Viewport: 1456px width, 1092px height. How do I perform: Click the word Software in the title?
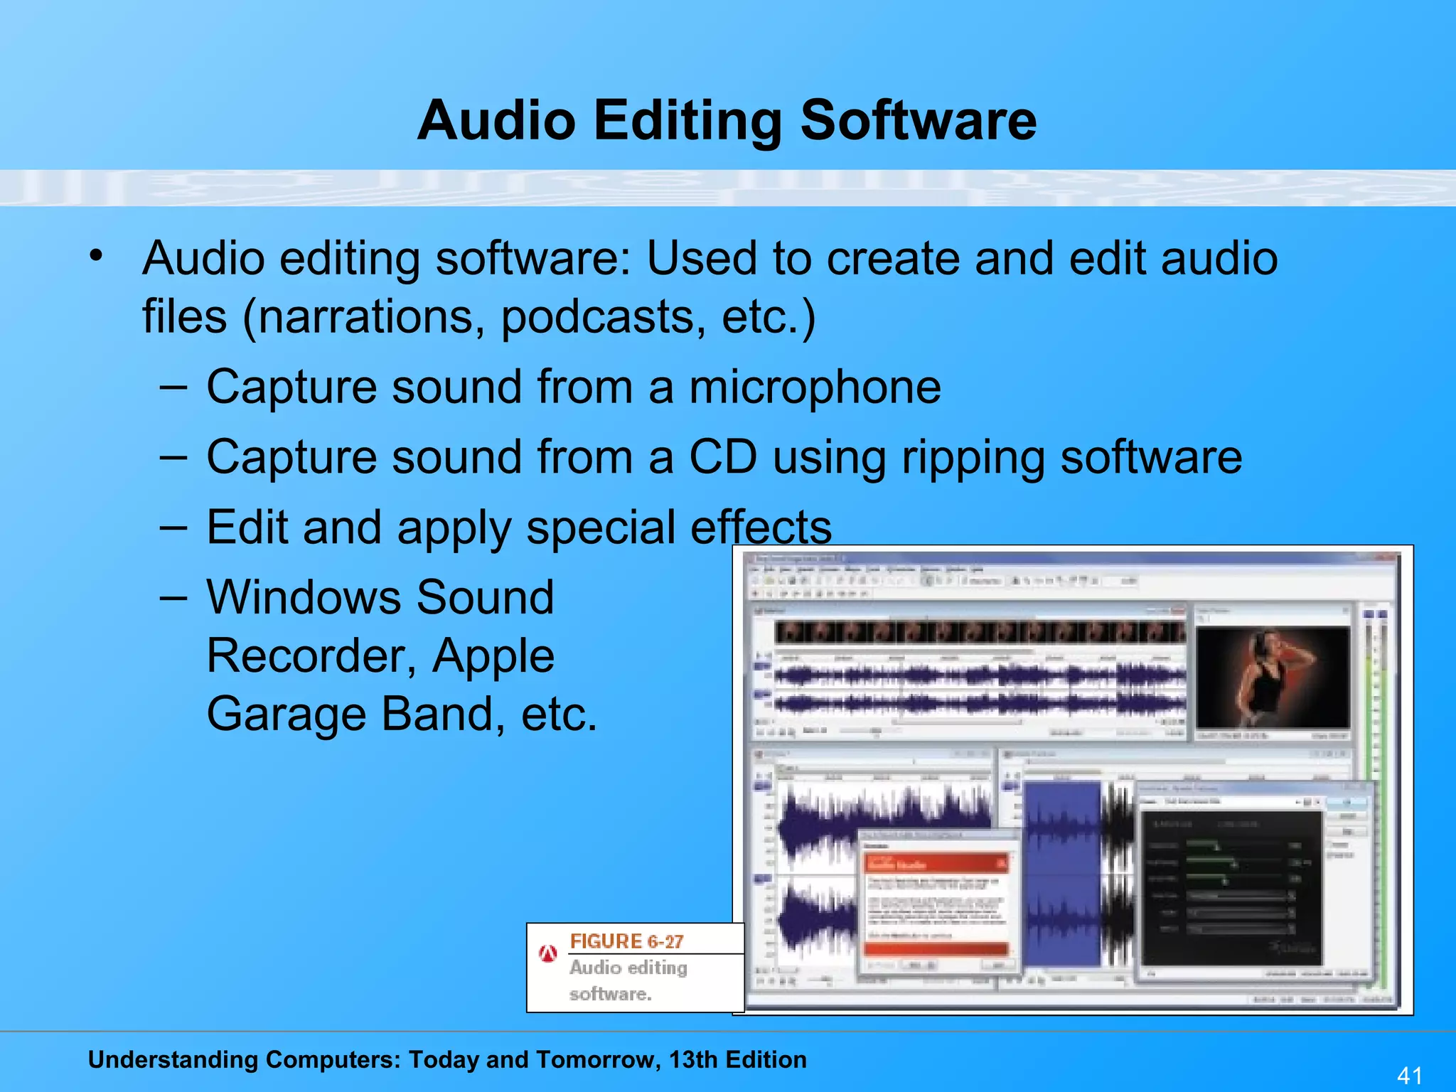click(918, 121)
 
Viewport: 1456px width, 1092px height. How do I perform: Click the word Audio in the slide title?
click(496, 121)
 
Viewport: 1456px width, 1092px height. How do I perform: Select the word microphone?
click(815, 387)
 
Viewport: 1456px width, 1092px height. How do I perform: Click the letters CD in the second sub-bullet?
click(722, 457)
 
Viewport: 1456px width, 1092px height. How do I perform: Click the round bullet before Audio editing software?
click(97, 256)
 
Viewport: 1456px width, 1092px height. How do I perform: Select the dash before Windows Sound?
click(173, 598)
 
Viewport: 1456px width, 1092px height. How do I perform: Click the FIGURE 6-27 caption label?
click(626, 941)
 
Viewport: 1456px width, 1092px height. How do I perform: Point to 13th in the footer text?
click(692, 1059)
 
